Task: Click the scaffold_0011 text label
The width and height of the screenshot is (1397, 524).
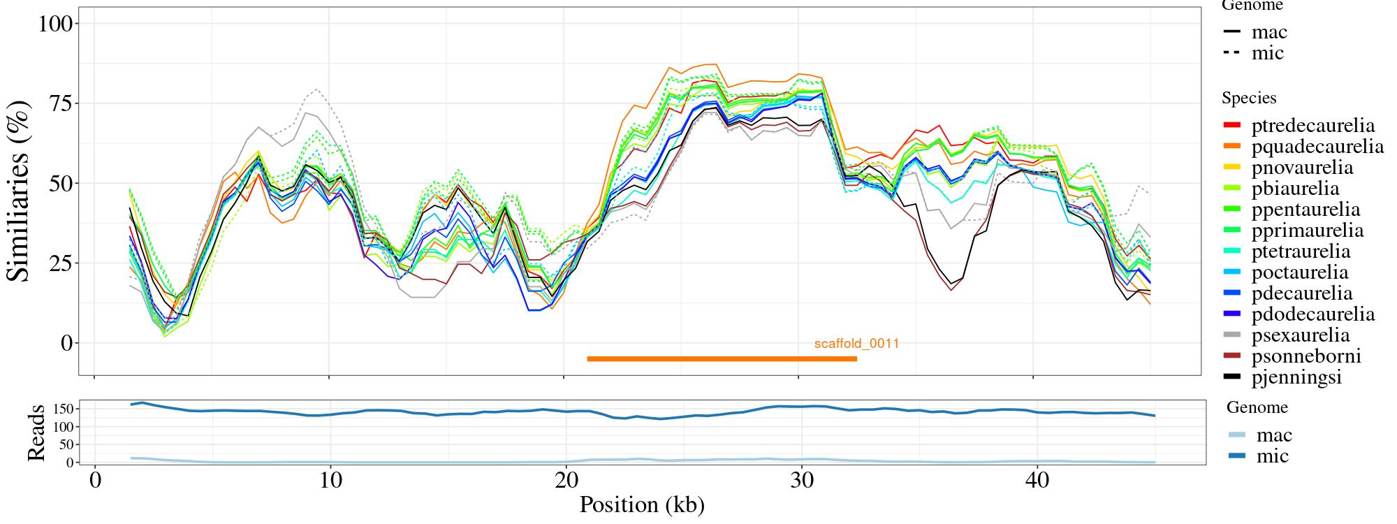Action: pyautogui.click(x=856, y=344)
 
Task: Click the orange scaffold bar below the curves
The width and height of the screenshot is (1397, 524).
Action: pyautogui.click(x=722, y=359)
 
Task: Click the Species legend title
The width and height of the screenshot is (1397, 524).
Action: pyautogui.click(x=1249, y=99)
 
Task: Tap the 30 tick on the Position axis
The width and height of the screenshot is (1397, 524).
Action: pyautogui.click(x=798, y=481)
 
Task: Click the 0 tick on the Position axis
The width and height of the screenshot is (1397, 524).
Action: pyautogui.click(x=95, y=481)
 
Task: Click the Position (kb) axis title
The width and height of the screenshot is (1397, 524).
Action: pyautogui.click(x=642, y=504)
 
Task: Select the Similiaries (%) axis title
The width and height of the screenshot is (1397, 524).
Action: pyautogui.click(x=20, y=191)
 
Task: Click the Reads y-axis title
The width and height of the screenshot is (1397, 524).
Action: pyautogui.click(x=36, y=432)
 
